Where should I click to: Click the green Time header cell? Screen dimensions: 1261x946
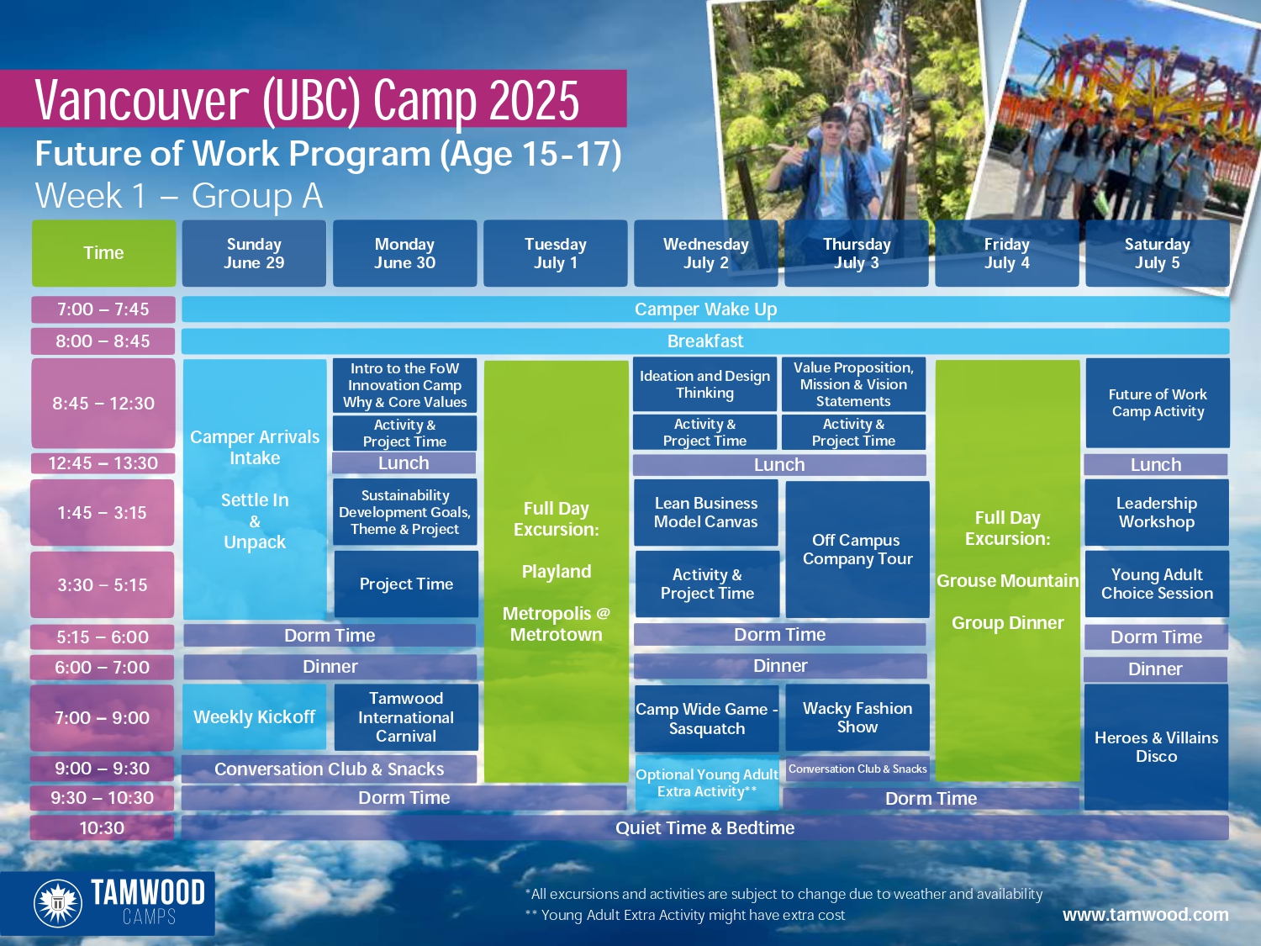[x=104, y=253]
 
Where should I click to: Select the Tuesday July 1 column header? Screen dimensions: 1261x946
[x=556, y=253]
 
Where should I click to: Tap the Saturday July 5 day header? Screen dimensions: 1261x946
[x=1158, y=253]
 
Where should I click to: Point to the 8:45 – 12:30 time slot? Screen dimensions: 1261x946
[x=103, y=404]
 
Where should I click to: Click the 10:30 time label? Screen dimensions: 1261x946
[x=103, y=827]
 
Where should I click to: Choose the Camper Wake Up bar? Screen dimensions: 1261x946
[x=705, y=309]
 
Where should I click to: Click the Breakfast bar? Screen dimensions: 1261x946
[x=705, y=341]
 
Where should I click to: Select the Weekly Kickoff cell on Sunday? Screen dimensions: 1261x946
[x=255, y=716]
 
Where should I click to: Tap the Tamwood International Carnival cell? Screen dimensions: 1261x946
[x=406, y=716]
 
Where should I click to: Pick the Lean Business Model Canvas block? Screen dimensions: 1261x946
[x=706, y=512]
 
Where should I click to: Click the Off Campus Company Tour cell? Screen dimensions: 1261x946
[x=857, y=549]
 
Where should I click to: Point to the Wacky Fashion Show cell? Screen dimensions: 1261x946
[x=857, y=717]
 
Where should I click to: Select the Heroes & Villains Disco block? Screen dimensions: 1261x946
[x=1157, y=747]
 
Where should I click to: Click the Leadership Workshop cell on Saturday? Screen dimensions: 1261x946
[x=1157, y=512]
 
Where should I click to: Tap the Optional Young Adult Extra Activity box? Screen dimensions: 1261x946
[x=707, y=782]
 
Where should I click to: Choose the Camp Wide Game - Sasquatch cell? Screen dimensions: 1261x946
[x=707, y=718]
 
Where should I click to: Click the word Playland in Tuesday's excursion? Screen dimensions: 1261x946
[x=557, y=572]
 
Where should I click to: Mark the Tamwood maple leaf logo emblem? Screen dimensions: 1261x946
[x=58, y=903]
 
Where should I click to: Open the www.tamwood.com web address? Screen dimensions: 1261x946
[x=1146, y=914]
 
